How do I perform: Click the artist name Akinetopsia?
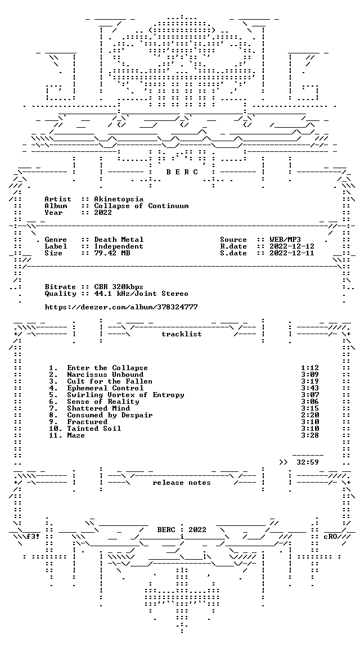point(119,199)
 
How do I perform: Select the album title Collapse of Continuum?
point(141,206)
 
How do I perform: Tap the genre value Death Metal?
point(119,240)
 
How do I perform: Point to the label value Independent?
point(119,246)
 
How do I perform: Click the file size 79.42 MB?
point(112,253)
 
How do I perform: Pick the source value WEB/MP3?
point(285,240)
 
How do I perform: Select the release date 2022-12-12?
point(292,246)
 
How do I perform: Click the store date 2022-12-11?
point(292,253)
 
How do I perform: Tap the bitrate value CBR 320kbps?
point(119,287)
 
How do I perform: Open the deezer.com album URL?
point(121,307)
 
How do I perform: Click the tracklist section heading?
point(182,334)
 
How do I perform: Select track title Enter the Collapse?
point(107,368)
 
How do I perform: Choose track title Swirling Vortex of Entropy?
point(125,395)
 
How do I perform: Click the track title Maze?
point(76,435)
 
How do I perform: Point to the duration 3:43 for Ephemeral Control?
point(310,388)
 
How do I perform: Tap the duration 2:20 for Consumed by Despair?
point(310,415)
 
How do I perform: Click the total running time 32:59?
point(308,462)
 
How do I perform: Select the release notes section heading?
point(182,483)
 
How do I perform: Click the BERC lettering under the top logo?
point(182,172)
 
